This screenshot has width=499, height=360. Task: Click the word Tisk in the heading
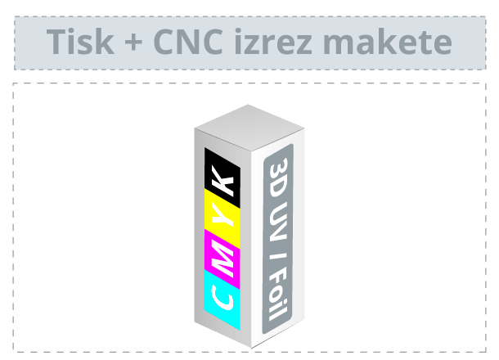(80, 42)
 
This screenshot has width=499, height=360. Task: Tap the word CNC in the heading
(188, 42)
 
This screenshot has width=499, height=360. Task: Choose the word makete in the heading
(388, 42)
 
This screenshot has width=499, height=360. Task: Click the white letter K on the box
(223, 182)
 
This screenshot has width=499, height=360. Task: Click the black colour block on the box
(223, 178)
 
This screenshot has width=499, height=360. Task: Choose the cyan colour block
(223, 299)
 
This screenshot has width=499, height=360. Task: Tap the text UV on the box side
(278, 222)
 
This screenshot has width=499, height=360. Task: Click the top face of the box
(249, 128)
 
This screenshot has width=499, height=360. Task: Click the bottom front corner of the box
(251, 349)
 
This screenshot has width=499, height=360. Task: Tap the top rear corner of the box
(248, 105)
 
